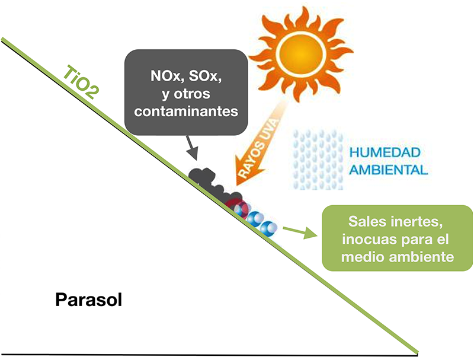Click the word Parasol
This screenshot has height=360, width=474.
point(88,299)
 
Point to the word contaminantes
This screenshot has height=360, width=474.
point(186,110)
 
